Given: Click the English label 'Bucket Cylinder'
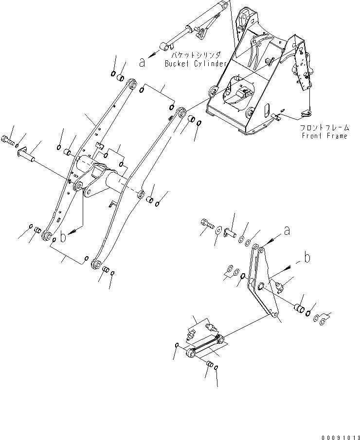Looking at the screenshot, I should (196, 64).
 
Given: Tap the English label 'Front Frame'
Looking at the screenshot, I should (324, 136).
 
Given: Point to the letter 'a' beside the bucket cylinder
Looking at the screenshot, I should (142, 62).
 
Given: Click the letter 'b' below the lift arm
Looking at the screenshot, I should (62, 237).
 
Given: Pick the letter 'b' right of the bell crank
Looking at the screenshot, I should (306, 258).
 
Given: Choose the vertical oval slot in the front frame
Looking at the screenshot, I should (267, 111).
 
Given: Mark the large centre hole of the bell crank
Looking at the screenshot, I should (261, 286).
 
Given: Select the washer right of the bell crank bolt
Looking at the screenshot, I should (217, 229).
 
